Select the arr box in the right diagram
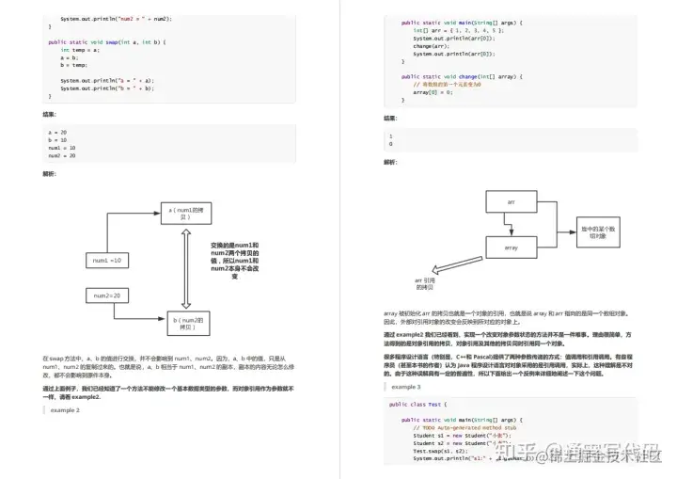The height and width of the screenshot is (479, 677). (x=512, y=202)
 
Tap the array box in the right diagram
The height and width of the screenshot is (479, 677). (x=512, y=247)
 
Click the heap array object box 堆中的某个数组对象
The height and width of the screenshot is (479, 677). (x=598, y=232)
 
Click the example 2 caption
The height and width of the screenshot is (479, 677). (x=65, y=410)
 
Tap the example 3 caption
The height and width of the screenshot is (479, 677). (x=406, y=387)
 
